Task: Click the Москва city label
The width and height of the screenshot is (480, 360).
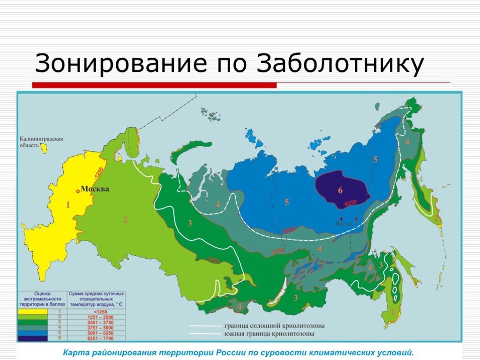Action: point(95,189)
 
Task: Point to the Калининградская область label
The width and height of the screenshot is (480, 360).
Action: point(41,142)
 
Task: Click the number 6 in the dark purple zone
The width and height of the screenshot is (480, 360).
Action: point(340,190)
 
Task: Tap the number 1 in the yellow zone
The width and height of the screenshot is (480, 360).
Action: point(67,205)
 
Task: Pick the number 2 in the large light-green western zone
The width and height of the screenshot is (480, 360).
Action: point(125,219)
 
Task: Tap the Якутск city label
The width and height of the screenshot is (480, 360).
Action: point(343,224)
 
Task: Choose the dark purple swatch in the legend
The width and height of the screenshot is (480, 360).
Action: point(33,338)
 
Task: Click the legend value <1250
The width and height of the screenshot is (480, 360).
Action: point(97,312)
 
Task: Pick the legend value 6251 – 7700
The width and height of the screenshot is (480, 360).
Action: point(97,338)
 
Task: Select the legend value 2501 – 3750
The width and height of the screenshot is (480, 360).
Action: point(97,322)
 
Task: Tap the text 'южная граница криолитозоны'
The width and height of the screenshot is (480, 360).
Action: point(269,334)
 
